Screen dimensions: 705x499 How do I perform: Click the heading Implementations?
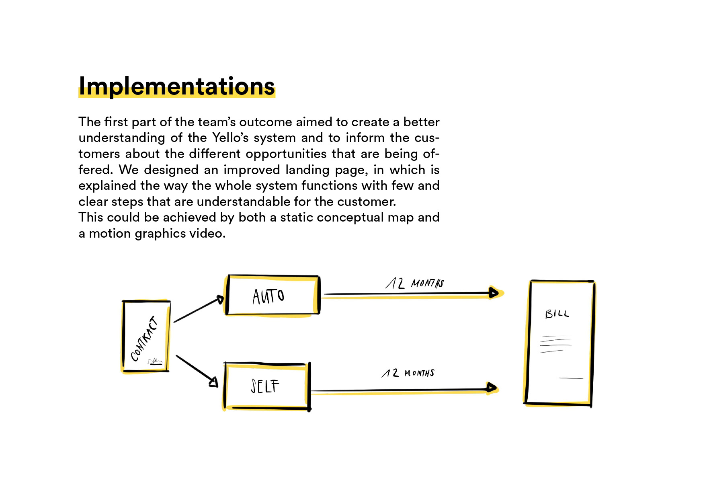pyautogui.click(x=176, y=86)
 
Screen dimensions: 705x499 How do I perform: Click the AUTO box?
pyautogui.click(x=273, y=296)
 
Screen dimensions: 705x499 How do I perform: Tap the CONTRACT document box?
pyautogui.click(x=146, y=336)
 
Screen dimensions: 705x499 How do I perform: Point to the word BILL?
pyautogui.click(x=557, y=314)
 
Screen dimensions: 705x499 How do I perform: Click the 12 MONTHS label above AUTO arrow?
pyautogui.click(x=414, y=283)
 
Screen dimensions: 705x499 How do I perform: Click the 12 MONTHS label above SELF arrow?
pyautogui.click(x=408, y=373)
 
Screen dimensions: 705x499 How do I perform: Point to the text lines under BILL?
pyautogui.click(x=555, y=344)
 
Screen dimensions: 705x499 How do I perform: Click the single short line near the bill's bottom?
pyautogui.click(x=571, y=378)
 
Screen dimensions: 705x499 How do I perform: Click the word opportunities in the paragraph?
pyautogui.click(x=286, y=154)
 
